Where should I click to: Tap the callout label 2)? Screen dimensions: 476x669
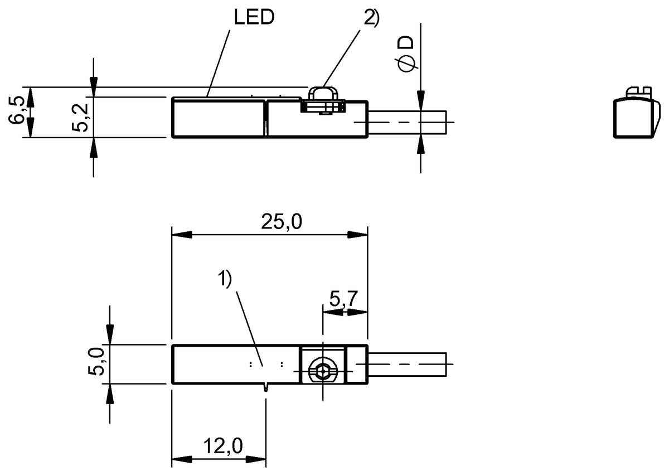371,18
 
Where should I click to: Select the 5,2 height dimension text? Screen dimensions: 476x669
83,116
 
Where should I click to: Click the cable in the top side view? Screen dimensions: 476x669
407,122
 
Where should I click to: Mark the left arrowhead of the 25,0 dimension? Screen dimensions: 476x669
179,235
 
